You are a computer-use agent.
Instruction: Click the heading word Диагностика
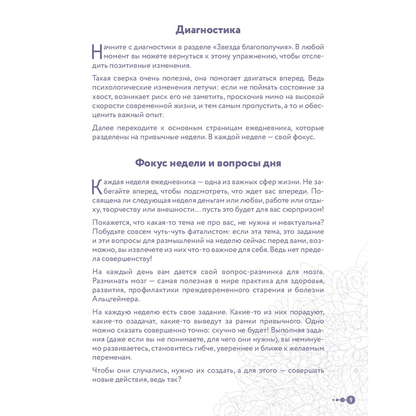pos(208,30)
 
